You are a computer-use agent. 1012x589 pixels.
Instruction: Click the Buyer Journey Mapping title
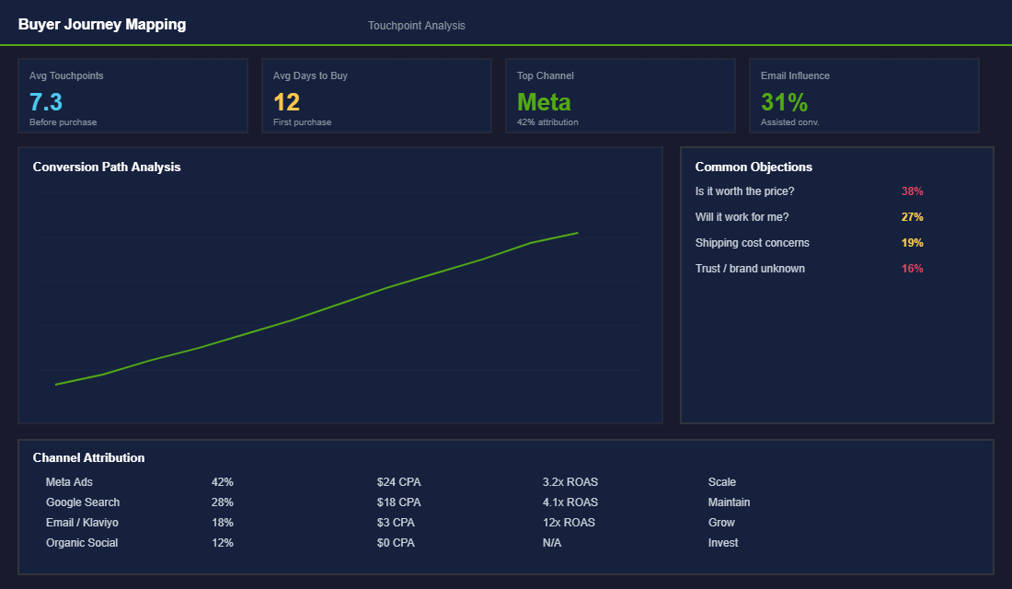(x=102, y=25)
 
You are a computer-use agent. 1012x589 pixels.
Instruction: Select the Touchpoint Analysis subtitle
(x=417, y=26)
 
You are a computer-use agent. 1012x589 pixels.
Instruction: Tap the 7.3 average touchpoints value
(x=46, y=102)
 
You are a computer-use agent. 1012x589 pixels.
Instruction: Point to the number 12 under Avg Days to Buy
(x=286, y=102)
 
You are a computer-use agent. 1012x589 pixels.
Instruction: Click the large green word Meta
(x=544, y=102)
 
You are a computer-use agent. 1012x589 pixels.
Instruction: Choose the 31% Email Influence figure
(x=784, y=102)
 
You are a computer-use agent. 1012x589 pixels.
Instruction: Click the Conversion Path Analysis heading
(x=107, y=167)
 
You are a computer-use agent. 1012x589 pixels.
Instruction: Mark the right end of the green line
(x=577, y=233)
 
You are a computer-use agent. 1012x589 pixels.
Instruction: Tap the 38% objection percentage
(x=912, y=191)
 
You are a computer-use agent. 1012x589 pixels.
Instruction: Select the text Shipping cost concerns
(x=753, y=243)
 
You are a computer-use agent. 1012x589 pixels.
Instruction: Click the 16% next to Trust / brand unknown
(x=912, y=269)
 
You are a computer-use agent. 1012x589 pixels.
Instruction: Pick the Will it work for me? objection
(x=742, y=217)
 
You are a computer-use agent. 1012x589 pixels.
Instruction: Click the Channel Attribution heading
(x=88, y=457)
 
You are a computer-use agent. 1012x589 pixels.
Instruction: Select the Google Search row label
(x=83, y=502)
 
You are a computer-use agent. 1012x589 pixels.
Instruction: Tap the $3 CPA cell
(x=396, y=523)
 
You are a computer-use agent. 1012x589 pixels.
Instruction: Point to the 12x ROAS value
(x=569, y=523)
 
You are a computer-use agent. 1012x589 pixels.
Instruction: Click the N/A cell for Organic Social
(x=552, y=543)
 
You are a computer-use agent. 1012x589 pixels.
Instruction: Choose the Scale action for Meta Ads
(x=722, y=482)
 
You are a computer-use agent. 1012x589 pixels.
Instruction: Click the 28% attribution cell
(x=222, y=502)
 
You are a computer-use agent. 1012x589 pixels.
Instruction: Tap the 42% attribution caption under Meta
(x=547, y=122)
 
